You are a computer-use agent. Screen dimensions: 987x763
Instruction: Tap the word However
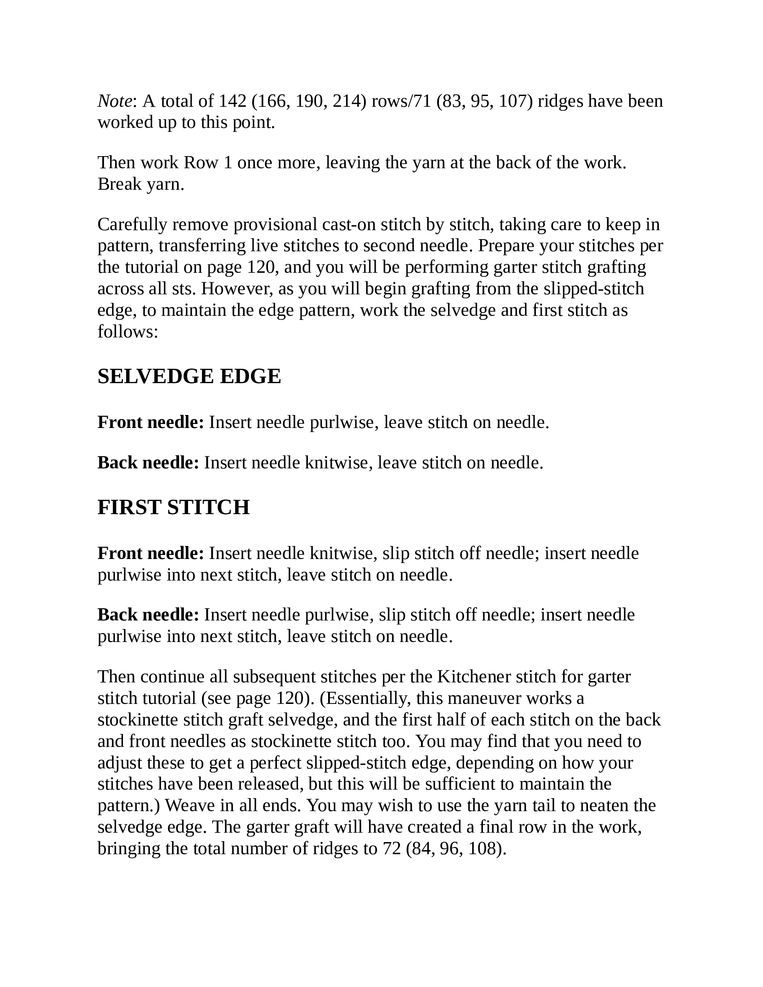pyautogui.click(x=237, y=288)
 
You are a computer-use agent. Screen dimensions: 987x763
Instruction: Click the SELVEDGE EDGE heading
pyautogui.click(x=189, y=376)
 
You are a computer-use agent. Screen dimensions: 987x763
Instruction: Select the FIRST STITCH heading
pyautogui.click(x=174, y=507)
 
